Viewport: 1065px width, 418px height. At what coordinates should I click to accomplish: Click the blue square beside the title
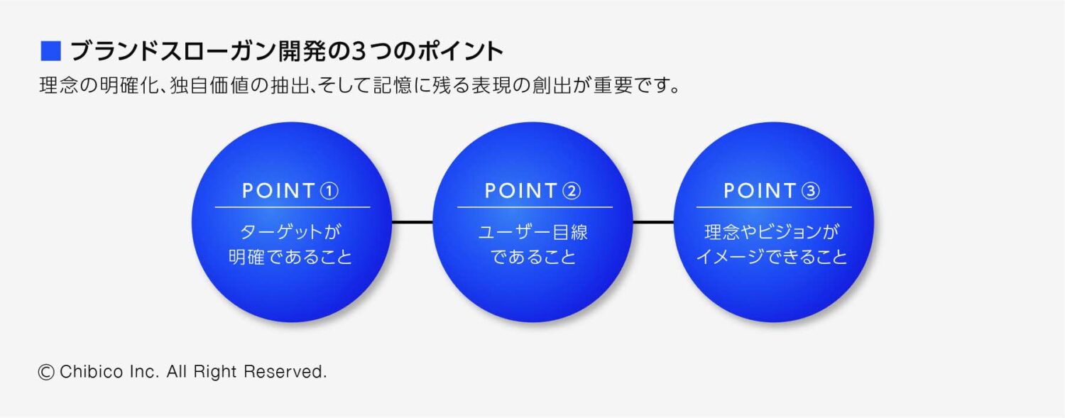tap(51, 52)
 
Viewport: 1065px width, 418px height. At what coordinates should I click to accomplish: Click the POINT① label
tap(291, 191)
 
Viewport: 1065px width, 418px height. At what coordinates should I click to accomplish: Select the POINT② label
tap(533, 191)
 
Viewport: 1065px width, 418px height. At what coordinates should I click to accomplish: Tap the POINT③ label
tap(772, 191)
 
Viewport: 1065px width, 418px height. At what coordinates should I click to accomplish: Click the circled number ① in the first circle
tap(330, 191)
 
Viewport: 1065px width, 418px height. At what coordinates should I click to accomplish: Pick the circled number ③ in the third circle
tap(811, 191)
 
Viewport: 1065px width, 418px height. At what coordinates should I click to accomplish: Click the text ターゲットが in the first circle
tap(291, 232)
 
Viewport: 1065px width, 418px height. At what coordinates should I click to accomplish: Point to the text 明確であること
tap(291, 257)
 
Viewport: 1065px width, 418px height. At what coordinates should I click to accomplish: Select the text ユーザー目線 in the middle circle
tap(533, 232)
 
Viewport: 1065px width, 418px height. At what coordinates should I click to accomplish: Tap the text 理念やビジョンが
tap(772, 232)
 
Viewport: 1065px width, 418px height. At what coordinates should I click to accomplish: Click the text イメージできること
tap(772, 257)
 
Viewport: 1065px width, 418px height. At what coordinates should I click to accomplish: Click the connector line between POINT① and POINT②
tap(412, 223)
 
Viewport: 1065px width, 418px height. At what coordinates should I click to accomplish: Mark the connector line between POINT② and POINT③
tap(653, 223)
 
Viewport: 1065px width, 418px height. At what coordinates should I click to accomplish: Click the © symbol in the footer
tap(47, 372)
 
